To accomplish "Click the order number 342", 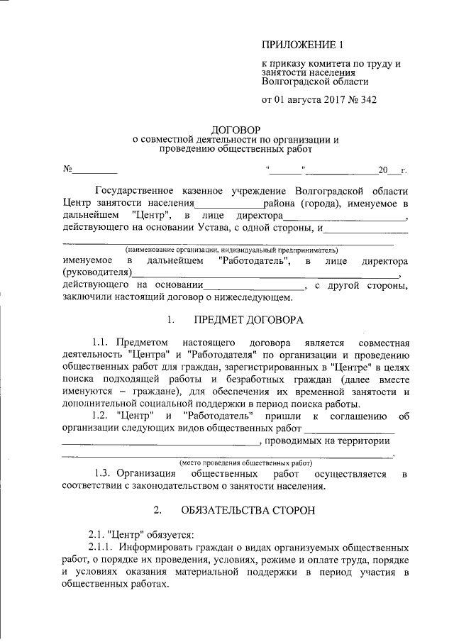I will [x=367, y=101].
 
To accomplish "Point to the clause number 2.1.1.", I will [x=101, y=548].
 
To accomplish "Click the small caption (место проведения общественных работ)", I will [x=246, y=461].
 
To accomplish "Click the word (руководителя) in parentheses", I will [x=97, y=274].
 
